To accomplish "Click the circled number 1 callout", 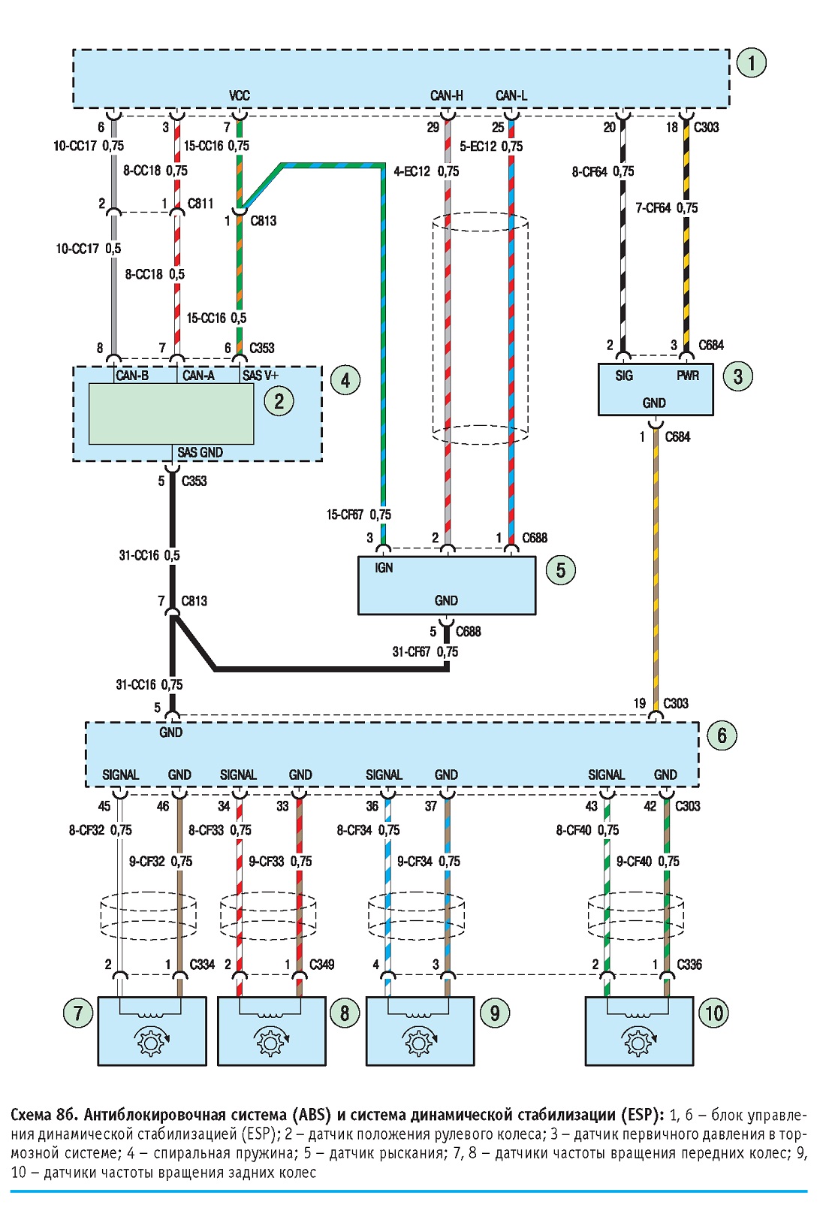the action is pos(751,63).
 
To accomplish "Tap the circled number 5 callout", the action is pos(560,570).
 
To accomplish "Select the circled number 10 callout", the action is pos(714,1013).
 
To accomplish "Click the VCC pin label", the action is pos(240,96).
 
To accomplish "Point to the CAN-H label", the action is pos(446,96).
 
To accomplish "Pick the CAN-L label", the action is pos(511,96).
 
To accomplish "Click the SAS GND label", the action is pos(200,453).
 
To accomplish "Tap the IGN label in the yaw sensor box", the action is pos(384,568).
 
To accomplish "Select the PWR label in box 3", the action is pos(687,376).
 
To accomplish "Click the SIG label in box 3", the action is pos(623,376).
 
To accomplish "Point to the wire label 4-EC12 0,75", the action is pos(426,171).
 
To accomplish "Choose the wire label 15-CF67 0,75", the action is pos(358,515).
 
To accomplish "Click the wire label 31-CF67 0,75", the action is pos(425,652).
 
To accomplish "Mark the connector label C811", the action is pos(200,204).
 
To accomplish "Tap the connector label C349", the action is pos(322,965).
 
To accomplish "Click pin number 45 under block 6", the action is pos(104,806).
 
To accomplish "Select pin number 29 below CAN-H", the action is pos(433,128).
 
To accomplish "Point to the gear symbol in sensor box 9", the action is pos(420,1041).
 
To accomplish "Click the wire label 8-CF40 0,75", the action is pos(587,830).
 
